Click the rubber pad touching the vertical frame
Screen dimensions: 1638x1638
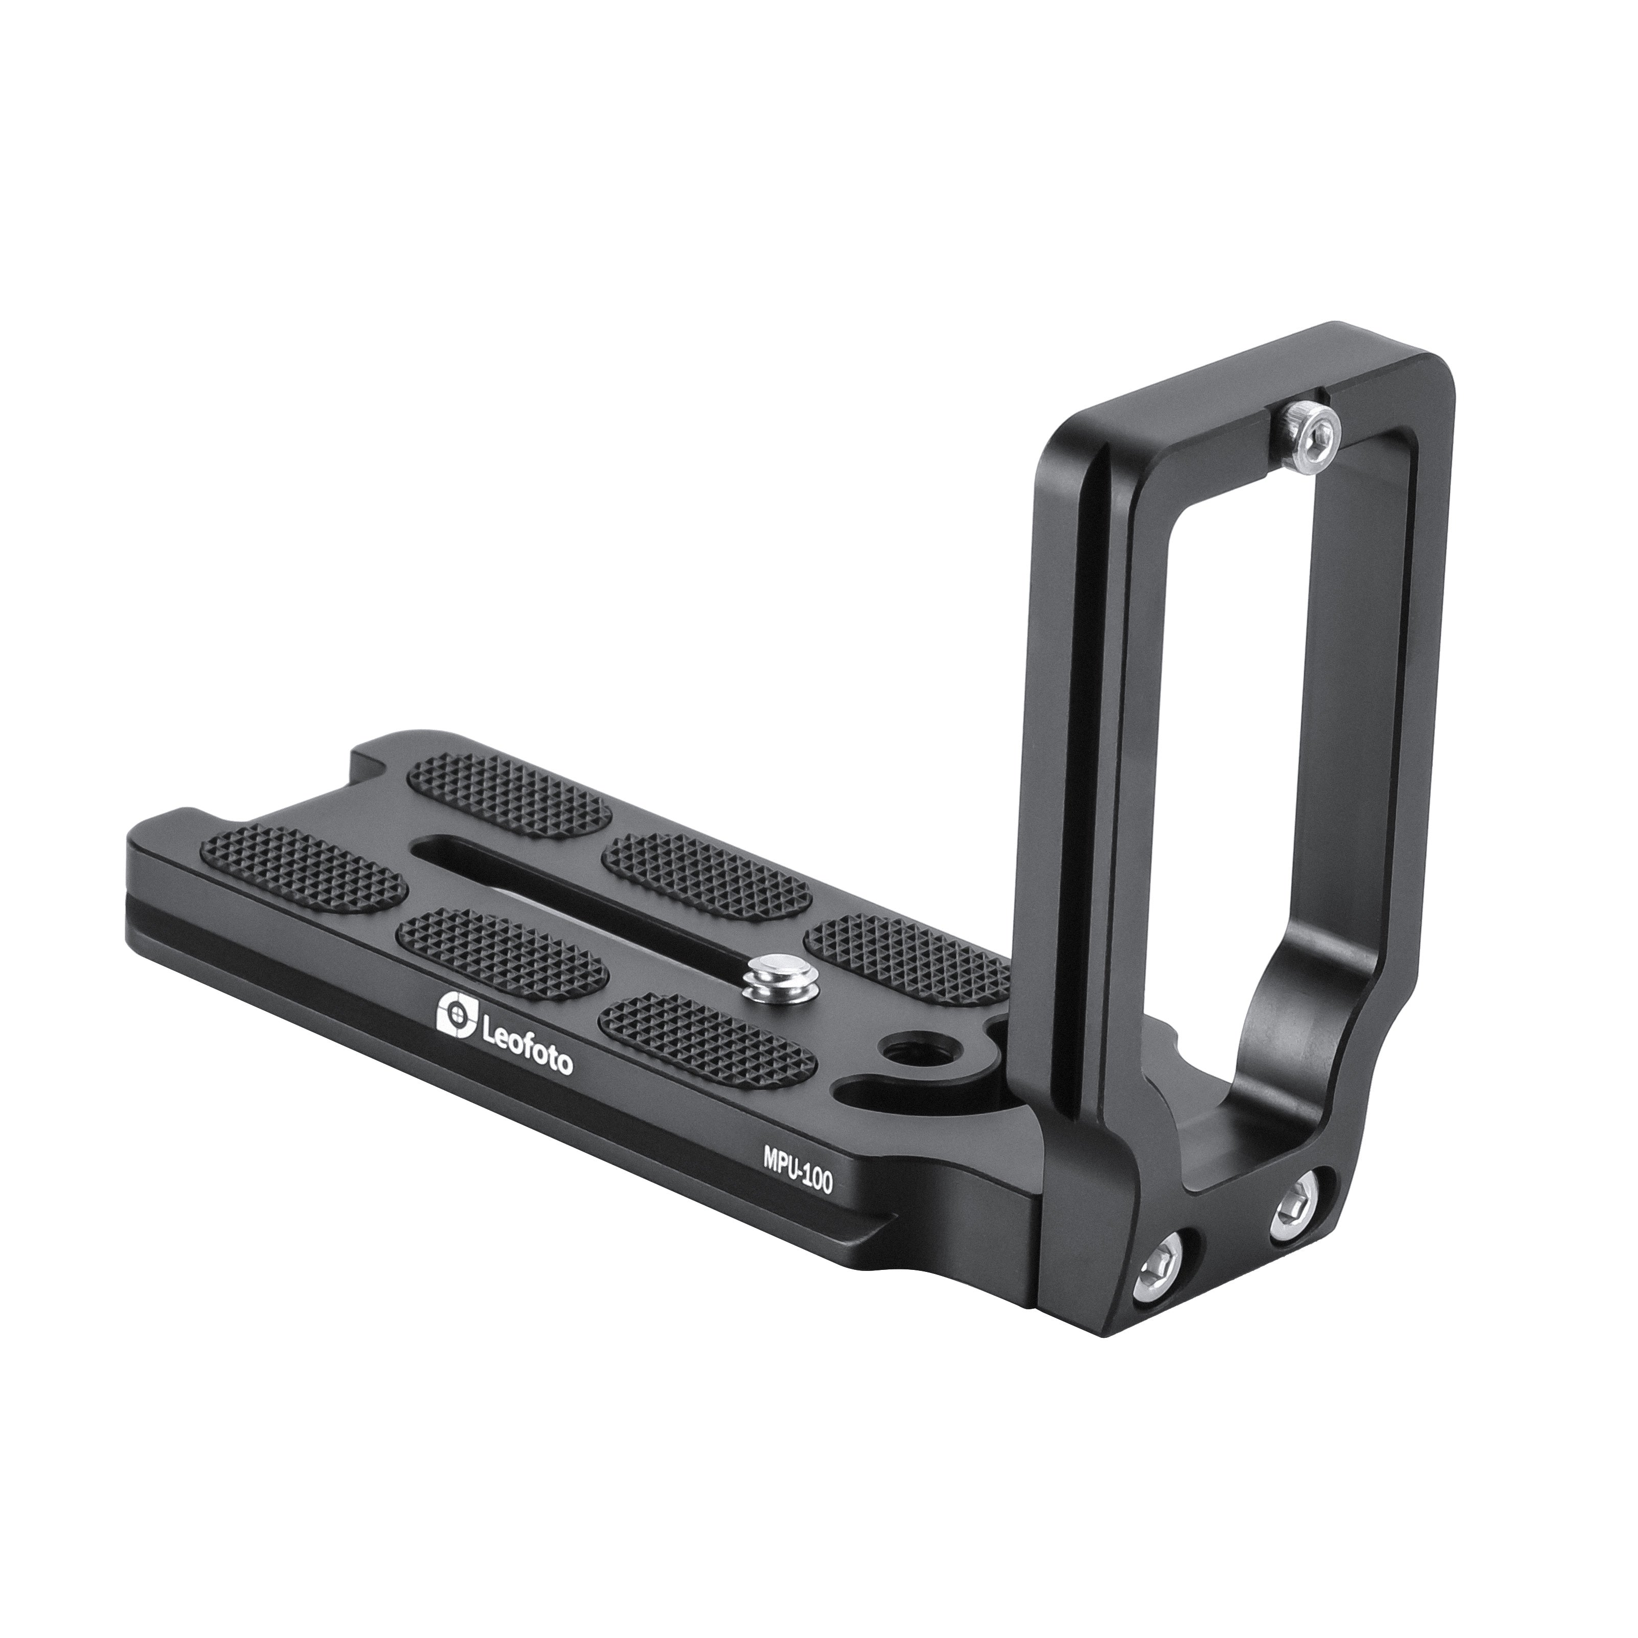[907, 958]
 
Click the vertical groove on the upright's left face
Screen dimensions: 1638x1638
[1098, 763]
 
